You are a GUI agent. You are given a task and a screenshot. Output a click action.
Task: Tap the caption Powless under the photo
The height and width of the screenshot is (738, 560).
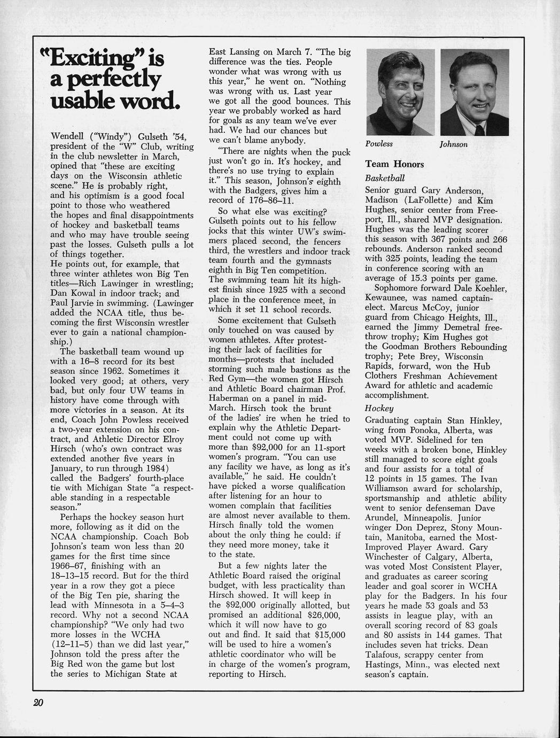(x=379, y=144)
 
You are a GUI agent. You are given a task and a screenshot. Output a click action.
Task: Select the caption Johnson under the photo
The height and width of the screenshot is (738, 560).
(x=454, y=144)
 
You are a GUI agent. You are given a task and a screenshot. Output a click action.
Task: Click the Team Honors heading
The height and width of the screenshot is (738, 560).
(x=394, y=164)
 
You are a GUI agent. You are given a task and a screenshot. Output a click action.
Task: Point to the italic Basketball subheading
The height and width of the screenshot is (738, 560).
(x=385, y=178)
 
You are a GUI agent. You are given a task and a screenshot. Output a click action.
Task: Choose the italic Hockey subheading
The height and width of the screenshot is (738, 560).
(x=379, y=408)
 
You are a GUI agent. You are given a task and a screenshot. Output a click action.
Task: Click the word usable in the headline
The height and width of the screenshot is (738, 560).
(x=84, y=101)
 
